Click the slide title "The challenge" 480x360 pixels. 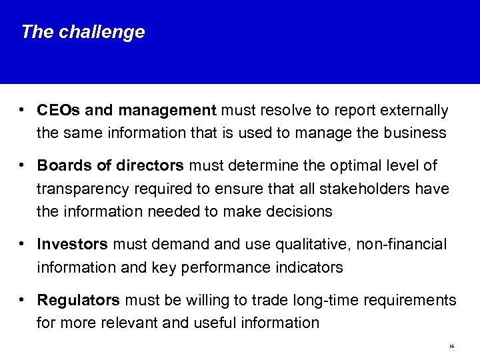pos(82,32)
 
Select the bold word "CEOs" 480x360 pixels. pos(57,109)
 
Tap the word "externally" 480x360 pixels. pos(416,109)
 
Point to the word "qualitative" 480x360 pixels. pos(275,245)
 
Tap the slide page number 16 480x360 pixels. pos(451,347)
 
